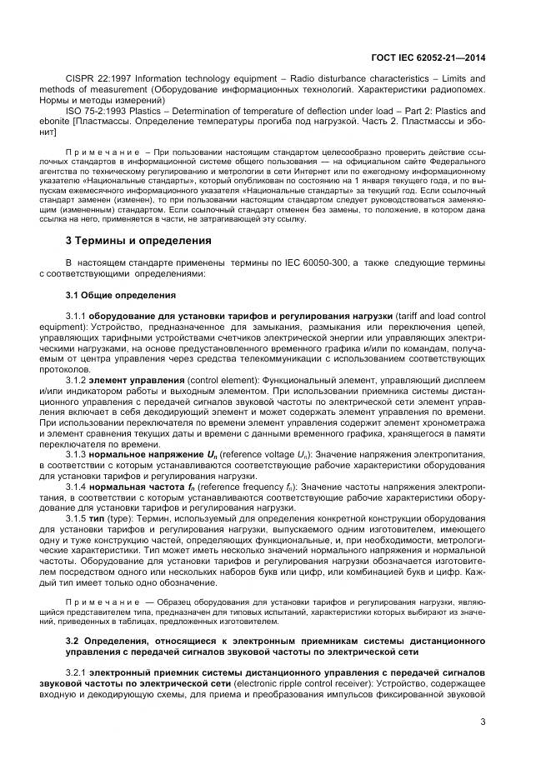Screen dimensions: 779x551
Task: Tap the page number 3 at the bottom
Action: pyautogui.click(x=483, y=722)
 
